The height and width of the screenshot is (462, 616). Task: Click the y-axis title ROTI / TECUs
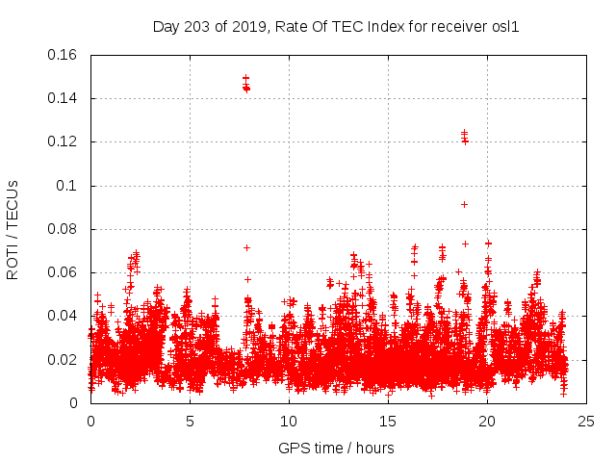(13, 229)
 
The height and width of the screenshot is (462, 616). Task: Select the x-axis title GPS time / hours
(336, 448)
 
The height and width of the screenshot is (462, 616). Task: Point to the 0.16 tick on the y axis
(64, 55)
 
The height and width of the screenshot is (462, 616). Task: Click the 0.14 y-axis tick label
(64, 98)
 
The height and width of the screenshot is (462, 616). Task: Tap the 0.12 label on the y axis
(64, 141)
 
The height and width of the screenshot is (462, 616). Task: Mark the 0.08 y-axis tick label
(64, 229)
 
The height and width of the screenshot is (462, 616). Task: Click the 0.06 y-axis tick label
(64, 272)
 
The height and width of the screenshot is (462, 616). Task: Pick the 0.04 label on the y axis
(64, 316)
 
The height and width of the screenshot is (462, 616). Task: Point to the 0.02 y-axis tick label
(64, 360)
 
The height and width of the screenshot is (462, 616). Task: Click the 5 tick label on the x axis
(190, 421)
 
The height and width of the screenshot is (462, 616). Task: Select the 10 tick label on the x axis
(289, 421)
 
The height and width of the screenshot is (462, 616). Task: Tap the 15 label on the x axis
(388, 421)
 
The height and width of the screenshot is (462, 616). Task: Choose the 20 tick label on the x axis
(487, 421)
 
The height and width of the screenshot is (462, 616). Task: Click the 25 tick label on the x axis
(586, 421)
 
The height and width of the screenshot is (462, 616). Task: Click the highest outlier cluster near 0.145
(246, 85)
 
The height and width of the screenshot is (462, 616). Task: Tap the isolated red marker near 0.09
(464, 204)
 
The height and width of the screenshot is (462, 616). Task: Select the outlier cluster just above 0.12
(464, 137)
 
